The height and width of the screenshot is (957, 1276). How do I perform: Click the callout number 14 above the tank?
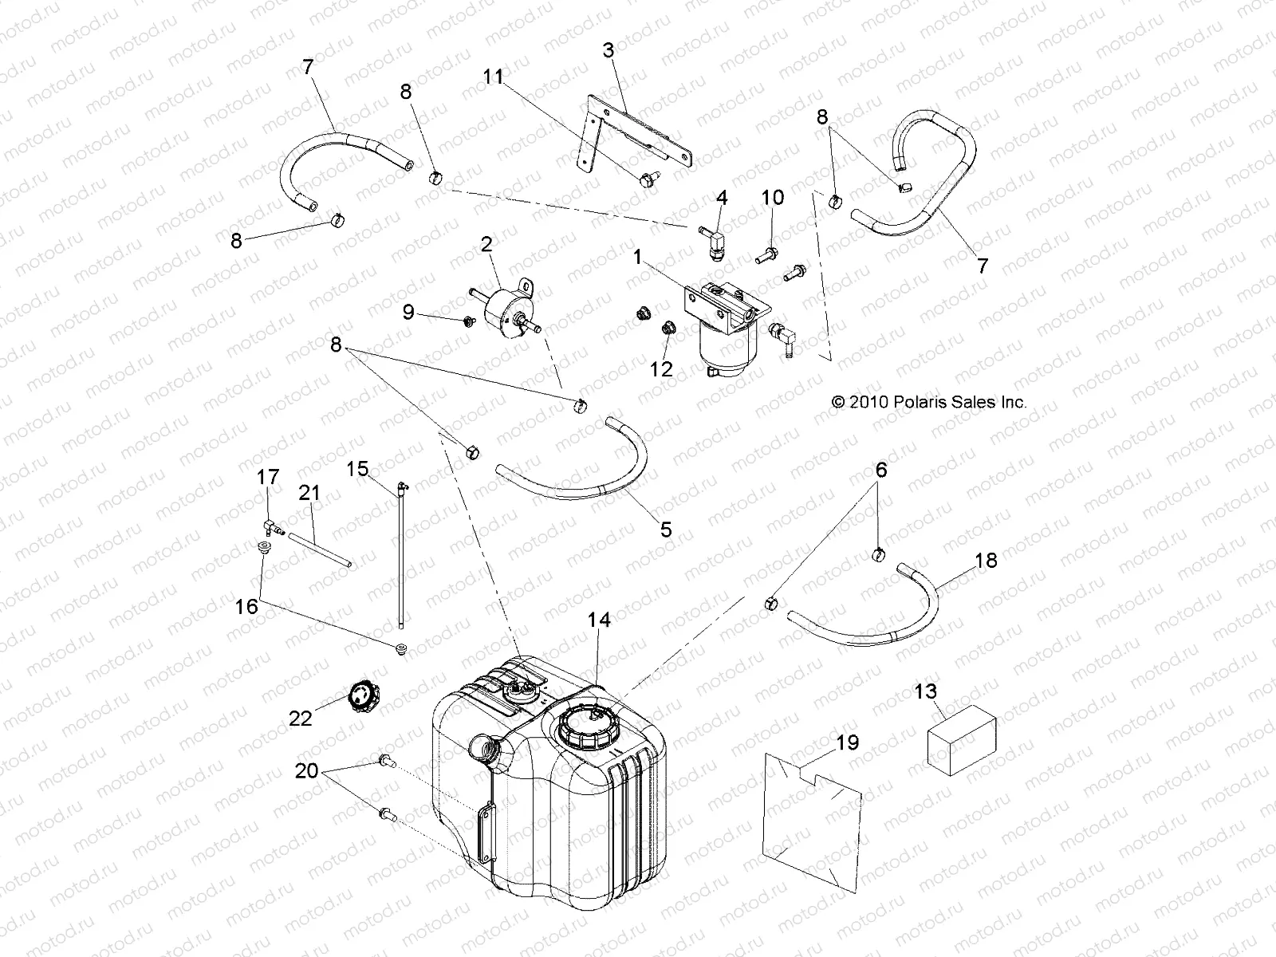(599, 620)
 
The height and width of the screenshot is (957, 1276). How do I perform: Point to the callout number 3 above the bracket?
(608, 50)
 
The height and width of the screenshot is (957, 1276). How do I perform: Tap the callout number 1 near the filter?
(637, 257)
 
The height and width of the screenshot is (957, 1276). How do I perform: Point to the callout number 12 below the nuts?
(661, 368)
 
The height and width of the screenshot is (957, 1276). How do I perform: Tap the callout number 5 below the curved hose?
(666, 529)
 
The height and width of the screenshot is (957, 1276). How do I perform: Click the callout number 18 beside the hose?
(986, 561)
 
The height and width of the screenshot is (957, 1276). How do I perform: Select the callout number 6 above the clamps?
(880, 471)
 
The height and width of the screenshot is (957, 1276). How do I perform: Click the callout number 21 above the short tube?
(309, 493)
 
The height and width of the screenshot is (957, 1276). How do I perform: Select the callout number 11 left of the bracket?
(494, 77)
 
